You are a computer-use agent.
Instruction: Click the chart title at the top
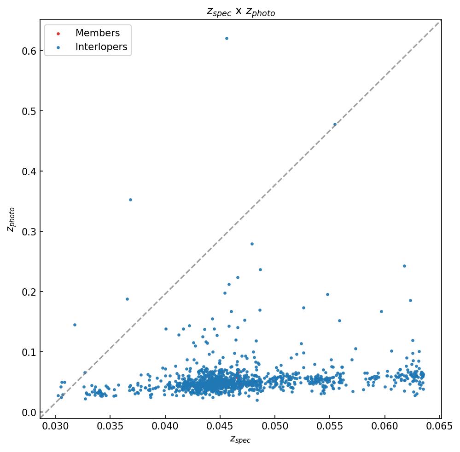click(240, 12)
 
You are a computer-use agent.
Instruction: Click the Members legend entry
click(97, 33)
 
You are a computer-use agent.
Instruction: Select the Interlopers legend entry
click(101, 47)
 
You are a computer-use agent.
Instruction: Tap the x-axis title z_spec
click(240, 439)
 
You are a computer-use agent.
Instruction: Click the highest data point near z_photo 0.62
click(227, 38)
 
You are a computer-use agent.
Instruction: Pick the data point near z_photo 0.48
click(335, 124)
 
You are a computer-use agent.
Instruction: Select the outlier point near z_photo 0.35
click(130, 200)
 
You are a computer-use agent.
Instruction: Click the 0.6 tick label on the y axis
click(29, 51)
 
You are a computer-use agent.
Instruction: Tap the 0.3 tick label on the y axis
click(29, 231)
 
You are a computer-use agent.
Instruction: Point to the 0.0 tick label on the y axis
click(29, 412)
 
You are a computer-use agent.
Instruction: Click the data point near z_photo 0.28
click(252, 244)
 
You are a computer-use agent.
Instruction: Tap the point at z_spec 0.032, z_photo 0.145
click(75, 325)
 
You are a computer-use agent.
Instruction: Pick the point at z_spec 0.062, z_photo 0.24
click(404, 266)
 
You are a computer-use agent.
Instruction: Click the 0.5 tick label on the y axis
click(29, 111)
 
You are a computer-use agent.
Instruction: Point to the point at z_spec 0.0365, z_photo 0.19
click(127, 299)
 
